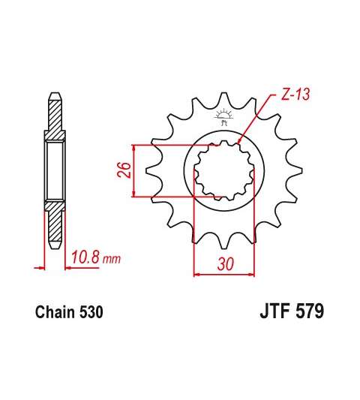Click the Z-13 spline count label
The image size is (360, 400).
coord(295,94)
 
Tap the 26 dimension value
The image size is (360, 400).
coord(124,170)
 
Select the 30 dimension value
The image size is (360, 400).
coord(226,263)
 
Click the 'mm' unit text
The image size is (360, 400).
coord(112,260)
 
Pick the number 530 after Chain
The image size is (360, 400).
coord(91,311)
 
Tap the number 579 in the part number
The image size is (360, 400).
coord(310,311)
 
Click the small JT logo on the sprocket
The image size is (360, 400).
coord(223,116)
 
